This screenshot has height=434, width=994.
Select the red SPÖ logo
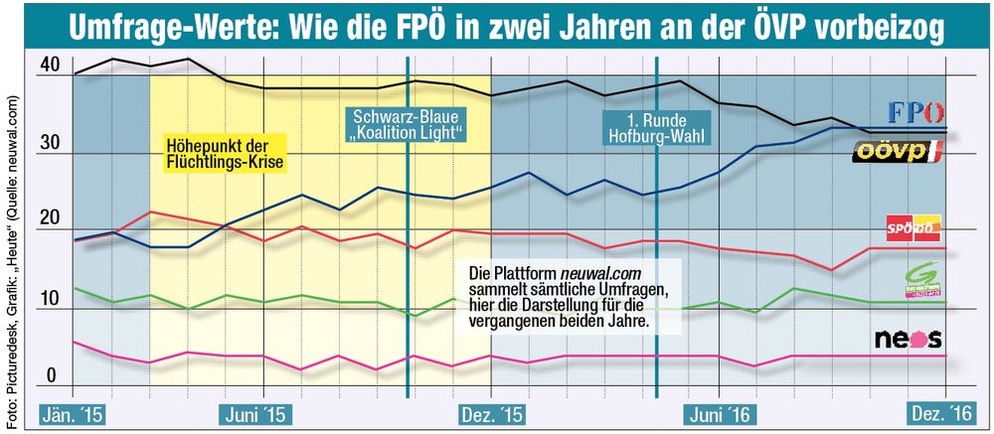tap(912, 227)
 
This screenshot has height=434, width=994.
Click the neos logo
tap(908, 339)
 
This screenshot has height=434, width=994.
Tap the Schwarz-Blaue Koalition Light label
tap(408, 123)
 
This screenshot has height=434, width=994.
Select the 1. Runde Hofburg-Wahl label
tap(657, 123)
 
